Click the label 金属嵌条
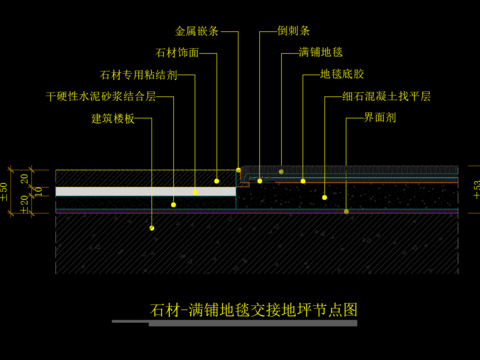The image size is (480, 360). click(200, 31)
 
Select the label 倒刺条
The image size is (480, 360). click(297, 31)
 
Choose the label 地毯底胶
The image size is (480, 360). click(341, 74)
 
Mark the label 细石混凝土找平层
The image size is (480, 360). click(384, 97)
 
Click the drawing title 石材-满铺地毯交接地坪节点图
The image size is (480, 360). click(252, 310)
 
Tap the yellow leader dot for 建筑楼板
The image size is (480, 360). click(152, 228)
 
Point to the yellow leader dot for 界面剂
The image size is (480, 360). click(346, 211)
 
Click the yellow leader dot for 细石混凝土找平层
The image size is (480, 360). click(326, 197)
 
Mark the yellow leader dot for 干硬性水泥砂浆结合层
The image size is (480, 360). click(174, 204)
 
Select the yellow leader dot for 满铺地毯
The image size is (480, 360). click(281, 171)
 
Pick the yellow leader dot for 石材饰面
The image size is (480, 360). click(217, 181)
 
